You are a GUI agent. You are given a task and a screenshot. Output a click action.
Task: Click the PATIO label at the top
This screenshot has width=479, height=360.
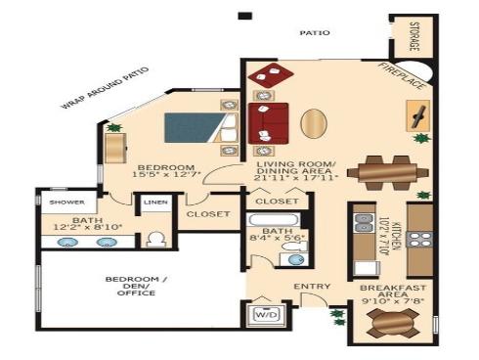pyautogui.click(x=316, y=32)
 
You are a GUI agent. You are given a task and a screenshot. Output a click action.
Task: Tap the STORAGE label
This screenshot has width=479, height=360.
pyautogui.click(x=414, y=36)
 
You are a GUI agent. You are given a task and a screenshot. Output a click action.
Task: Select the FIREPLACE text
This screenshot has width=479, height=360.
pyautogui.click(x=402, y=76)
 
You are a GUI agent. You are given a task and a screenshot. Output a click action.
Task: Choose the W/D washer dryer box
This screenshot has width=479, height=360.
pyautogui.click(x=265, y=316)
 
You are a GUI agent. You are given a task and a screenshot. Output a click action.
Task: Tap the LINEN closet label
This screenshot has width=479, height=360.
pyautogui.click(x=155, y=203)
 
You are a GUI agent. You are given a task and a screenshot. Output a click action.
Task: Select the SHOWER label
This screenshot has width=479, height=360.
pyautogui.click(x=61, y=202)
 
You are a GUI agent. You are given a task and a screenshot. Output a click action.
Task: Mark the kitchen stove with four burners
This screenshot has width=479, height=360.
pyautogui.click(x=420, y=238)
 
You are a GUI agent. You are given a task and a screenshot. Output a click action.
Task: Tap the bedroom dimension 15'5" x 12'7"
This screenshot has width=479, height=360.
pyautogui.click(x=164, y=174)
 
